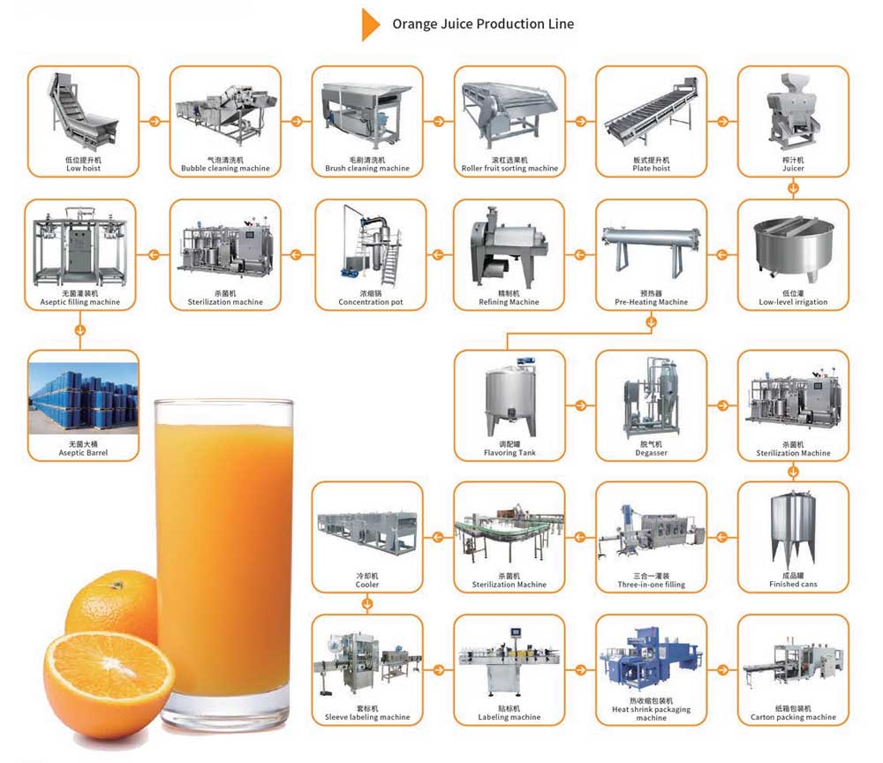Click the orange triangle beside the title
[369, 25]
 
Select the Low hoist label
[84, 168]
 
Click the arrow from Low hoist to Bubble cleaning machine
[155, 122]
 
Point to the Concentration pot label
[370, 302]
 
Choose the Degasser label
[652, 453]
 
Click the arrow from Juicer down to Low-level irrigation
[793, 187]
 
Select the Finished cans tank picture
[793, 529]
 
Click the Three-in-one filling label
[652, 585]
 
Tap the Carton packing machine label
[793, 717]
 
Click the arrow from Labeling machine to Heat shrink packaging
[581, 668]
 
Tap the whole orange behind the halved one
[110, 601]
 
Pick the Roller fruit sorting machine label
[509, 168]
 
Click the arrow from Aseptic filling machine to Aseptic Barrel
[81, 330]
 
